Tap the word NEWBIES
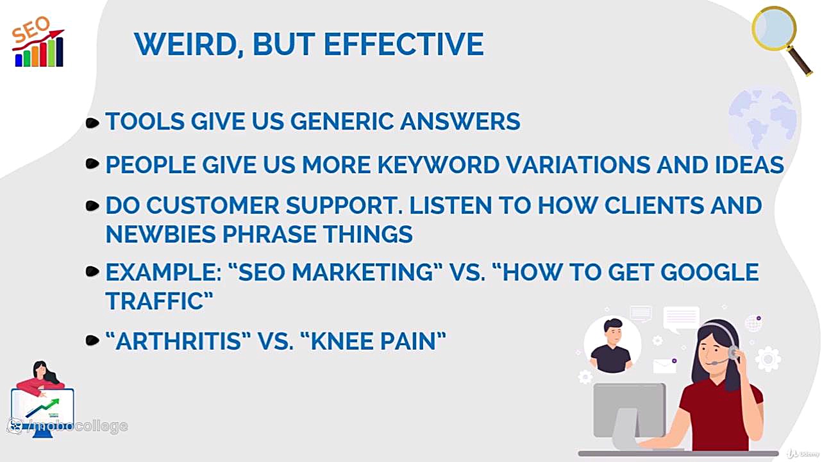[x=160, y=234]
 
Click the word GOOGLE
[x=709, y=272]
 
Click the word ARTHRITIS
[x=178, y=341]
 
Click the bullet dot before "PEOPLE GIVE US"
[x=92, y=165]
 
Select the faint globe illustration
[x=763, y=119]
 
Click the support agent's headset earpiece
[x=732, y=352]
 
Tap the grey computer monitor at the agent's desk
[x=628, y=411]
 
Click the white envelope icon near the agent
[x=664, y=366]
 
